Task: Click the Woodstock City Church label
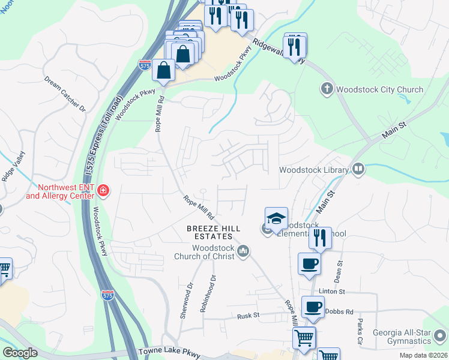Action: (x=379, y=90)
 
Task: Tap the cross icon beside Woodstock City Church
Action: (x=327, y=89)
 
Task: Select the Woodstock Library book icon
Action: (x=359, y=170)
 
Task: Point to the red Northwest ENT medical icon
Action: (x=103, y=191)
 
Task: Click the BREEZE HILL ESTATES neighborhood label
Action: (x=214, y=232)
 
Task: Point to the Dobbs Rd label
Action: (x=340, y=312)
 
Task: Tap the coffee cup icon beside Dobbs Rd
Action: (x=312, y=308)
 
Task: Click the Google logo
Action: (x=20, y=353)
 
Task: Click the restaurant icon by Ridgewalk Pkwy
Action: (x=295, y=47)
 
